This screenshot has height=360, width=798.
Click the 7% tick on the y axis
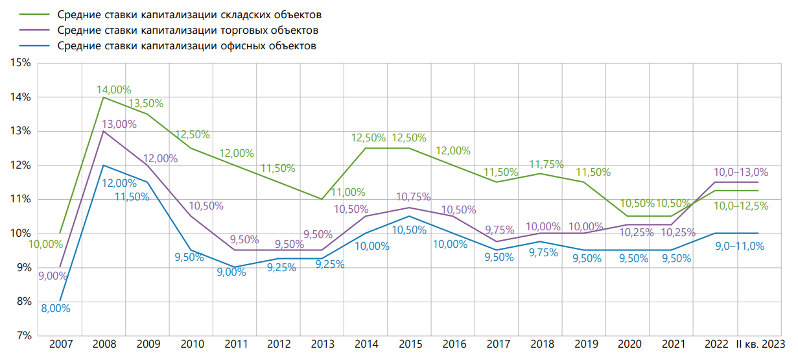point(23,335)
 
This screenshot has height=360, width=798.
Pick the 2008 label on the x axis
point(104,344)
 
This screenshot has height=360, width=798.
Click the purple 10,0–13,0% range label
point(740,173)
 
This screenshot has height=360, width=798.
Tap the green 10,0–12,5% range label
point(740,206)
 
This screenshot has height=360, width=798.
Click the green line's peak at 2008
point(104,97)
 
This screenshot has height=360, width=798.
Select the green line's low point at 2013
point(322,199)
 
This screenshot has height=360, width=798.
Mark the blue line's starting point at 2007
point(60,301)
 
